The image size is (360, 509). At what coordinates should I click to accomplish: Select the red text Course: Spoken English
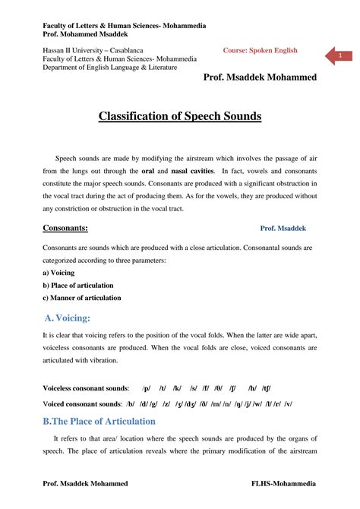pyautogui.click(x=260, y=51)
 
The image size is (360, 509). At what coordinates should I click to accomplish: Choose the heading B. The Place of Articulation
pyautogui.click(x=99, y=421)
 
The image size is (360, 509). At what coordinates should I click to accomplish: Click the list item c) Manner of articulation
pyautogui.click(x=81, y=298)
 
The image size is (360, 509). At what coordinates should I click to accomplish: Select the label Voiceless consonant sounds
pyautogui.click(x=85, y=387)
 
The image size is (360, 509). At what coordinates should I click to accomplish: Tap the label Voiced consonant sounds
pyautogui.click(x=83, y=403)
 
